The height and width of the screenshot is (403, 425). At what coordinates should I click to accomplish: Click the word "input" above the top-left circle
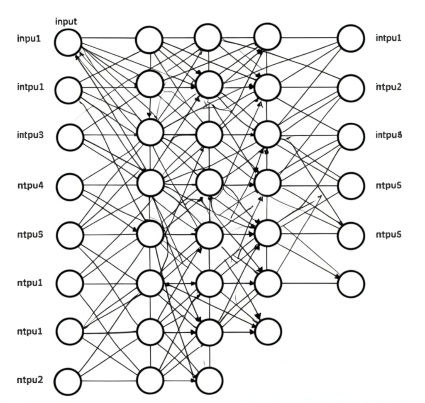(66, 22)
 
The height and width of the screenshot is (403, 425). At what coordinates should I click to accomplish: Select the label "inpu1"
(29, 39)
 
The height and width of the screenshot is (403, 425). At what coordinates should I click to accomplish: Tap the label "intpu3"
(30, 135)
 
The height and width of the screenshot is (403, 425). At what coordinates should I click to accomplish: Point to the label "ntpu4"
(30, 185)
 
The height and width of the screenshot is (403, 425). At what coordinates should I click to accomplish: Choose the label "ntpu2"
(29, 380)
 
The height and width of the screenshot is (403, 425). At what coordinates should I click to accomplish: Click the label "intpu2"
(388, 87)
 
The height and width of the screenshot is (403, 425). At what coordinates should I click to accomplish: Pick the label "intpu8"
(388, 135)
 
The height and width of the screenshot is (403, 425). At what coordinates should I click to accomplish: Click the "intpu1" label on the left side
(30, 87)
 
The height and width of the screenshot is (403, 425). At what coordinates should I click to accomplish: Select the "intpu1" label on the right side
(388, 39)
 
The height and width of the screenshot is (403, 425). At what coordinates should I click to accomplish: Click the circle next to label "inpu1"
(68, 42)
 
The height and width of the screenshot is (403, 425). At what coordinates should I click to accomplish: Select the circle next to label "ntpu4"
(70, 187)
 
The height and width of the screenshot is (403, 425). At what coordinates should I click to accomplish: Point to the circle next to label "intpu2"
(351, 88)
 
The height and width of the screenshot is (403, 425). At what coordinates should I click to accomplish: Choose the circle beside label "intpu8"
(351, 137)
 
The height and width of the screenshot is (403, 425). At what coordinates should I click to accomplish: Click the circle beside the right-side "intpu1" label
(351, 39)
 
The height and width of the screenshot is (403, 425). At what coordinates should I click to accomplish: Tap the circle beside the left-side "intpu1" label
(68, 90)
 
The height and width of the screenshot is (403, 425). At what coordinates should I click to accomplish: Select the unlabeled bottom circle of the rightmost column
(351, 284)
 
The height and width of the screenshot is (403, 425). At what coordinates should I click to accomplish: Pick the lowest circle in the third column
(210, 380)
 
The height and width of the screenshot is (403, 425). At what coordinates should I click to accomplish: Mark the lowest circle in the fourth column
(268, 331)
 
